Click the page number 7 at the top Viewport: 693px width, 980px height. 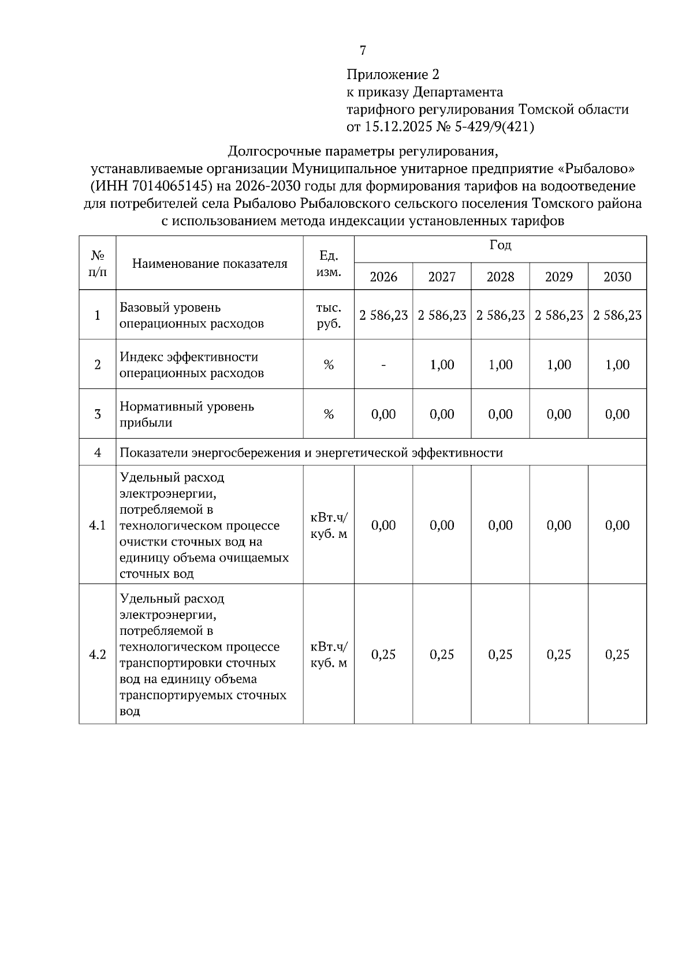(363, 51)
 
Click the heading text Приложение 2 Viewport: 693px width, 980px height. (393, 74)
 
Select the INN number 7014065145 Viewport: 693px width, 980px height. (172, 186)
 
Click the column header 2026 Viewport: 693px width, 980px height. (383, 277)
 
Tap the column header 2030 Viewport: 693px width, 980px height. (617, 277)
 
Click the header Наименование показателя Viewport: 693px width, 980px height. (210, 264)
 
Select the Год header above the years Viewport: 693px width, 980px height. (500, 246)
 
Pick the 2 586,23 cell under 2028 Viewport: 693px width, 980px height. (500, 315)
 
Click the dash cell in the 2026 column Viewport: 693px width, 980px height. (383, 365)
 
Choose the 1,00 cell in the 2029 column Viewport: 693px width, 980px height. (558, 365)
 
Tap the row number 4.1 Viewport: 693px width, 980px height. (97, 525)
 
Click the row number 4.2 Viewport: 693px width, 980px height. (97, 654)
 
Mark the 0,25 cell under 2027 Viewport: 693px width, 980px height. (442, 654)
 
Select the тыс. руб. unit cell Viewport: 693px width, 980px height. (329, 315)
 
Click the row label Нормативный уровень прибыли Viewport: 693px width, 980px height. (187, 414)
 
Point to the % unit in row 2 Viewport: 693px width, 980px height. (329, 365)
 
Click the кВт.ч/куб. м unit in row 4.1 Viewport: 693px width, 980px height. (329, 525)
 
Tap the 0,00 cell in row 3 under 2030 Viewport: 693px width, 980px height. (617, 414)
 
